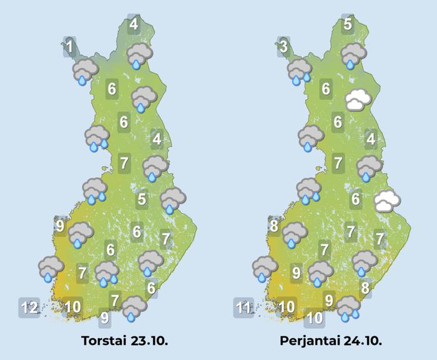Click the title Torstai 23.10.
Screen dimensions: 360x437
coord(125,341)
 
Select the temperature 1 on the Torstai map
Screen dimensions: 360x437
coord(70,47)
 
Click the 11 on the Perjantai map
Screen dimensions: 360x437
coord(243,308)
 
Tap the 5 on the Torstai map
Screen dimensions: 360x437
coord(142,200)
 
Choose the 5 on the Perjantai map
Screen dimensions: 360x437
coord(348,25)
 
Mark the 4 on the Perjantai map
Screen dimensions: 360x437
coord(371,139)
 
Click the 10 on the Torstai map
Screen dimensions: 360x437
coord(73,306)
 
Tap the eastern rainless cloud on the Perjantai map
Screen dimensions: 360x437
coord(387,202)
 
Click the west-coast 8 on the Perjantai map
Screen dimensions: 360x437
coord(274,226)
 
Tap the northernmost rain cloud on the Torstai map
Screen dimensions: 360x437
coord(138,55)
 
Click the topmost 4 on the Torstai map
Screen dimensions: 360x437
coord(134,26)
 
